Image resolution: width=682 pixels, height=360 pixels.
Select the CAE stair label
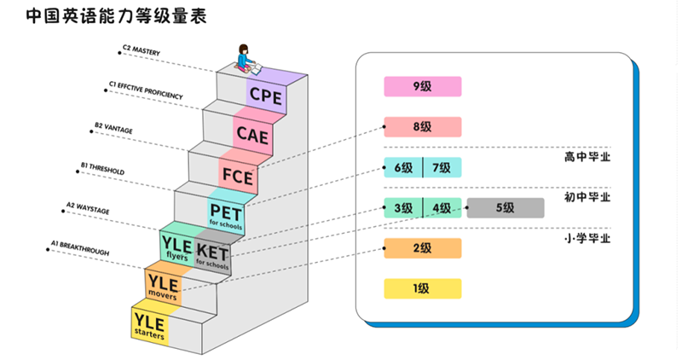click(x=252, y=134)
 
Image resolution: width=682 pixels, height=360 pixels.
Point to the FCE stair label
click(x=237, y=177)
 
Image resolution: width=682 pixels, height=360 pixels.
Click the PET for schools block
click(x=226, y=214)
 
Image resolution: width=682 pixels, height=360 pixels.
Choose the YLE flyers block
click(x=176, y=248)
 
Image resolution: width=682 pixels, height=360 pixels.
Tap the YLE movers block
click(x=162, y=287)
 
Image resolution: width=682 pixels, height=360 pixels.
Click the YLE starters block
click(x=149, y=324)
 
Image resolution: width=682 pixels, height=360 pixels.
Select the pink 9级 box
click(x=422, y=86)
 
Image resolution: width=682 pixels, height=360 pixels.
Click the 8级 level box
click(x=422, y=127)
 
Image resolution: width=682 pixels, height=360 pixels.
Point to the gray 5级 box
click(x=505, y=207)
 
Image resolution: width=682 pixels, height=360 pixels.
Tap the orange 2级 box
click(x=422, y=248)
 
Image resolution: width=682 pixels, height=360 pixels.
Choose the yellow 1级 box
click(x=422, y=288)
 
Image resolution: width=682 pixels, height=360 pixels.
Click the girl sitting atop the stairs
click(x=246, y=57)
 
